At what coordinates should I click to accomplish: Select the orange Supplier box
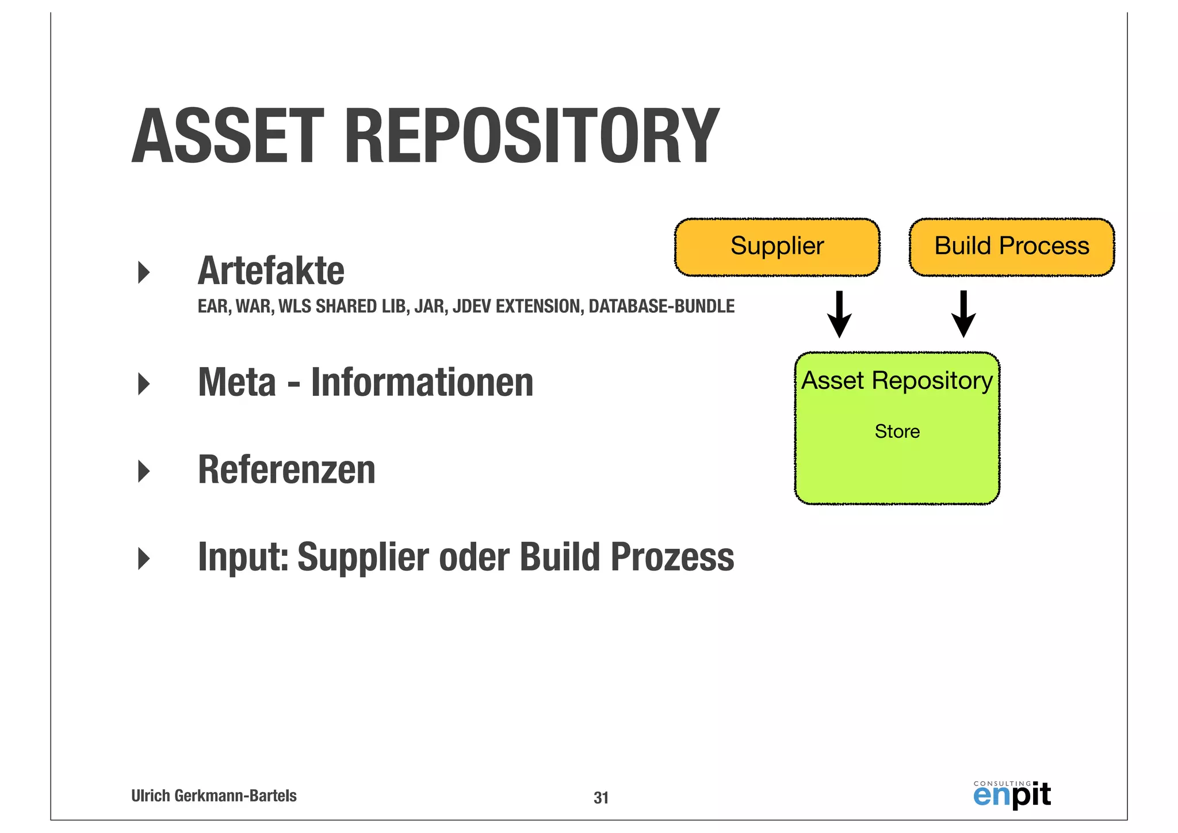point(777,247)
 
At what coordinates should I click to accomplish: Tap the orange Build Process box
point(1011,247)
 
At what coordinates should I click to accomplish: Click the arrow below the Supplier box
point(839,314)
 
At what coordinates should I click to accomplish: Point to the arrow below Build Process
point(963,314)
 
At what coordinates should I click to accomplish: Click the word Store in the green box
point(897,431)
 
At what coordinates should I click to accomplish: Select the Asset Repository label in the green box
point(897,381)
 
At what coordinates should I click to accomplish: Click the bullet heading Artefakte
point(271,271)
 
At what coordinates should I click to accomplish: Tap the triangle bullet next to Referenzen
point(144,471)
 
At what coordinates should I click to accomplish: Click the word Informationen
point(422,383)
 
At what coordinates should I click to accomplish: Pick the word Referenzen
point(286,470)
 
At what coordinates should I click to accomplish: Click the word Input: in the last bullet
point(243,557)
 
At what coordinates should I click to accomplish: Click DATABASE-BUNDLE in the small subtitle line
point(661,306)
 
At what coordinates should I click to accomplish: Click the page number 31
point(601,798)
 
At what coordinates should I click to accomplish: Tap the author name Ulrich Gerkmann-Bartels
point(213,796)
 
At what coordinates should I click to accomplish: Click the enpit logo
point(1012,795)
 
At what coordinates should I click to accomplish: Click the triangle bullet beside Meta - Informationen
point(144,384)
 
